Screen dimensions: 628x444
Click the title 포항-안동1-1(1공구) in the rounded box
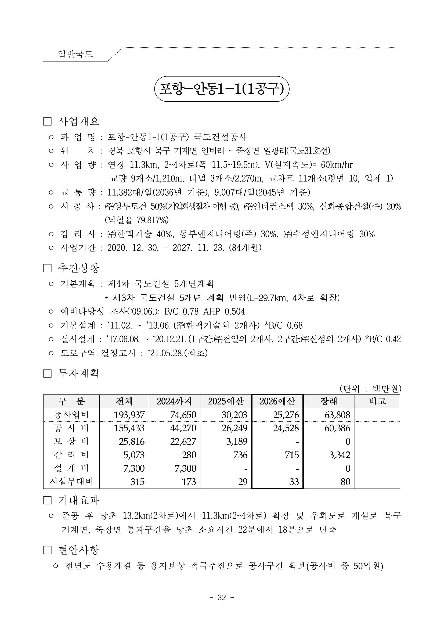click(221, 89)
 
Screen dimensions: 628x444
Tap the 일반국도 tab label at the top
click(75, 54)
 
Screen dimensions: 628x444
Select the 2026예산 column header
click(277, 401)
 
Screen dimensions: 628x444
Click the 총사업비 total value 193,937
click(129, 415)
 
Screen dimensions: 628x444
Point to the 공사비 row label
click(71, 428)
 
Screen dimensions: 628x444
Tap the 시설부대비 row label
click(71, 481)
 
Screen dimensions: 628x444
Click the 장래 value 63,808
click(337, 415)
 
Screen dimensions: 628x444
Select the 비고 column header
click(377, 401)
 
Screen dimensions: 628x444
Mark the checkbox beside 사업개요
click(47, 121)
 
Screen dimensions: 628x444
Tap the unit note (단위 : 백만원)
click(370, 388)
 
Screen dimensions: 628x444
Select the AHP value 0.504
click(234, 311)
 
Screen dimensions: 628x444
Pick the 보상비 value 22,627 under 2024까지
click(183, 442)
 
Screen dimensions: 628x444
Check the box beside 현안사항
click(47, 550)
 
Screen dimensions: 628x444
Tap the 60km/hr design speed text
click(337, 165)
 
